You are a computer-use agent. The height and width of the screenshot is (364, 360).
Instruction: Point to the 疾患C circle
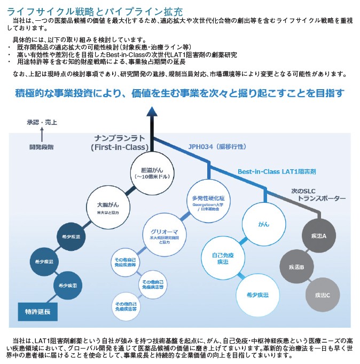(x=322, y=295)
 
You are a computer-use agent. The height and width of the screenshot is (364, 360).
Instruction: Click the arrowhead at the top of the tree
(x=152, y=110)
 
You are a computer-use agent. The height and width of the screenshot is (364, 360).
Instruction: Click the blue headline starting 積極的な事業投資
(x=179, y=93)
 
